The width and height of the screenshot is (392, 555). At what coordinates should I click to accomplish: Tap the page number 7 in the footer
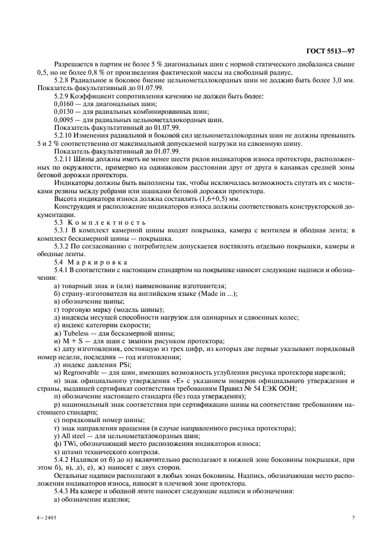(352, 518)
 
